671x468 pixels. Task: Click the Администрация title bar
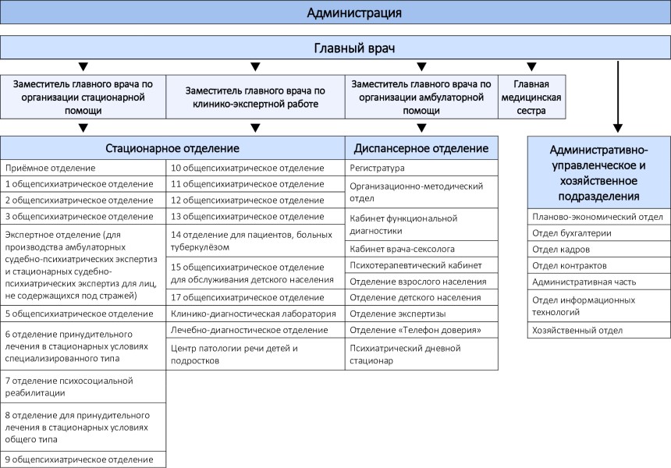335,12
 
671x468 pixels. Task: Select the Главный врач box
335,48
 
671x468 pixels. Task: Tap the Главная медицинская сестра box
531,97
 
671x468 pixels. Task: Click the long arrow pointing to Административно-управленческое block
617,97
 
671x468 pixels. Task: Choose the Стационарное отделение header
172,148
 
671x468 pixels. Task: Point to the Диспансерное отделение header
421,148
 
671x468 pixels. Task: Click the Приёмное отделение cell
83,168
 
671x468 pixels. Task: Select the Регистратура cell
421,168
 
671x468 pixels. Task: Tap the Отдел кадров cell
599,250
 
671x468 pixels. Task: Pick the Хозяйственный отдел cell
599,330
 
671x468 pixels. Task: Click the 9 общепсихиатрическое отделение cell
83,459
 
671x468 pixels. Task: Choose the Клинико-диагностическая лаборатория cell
255,314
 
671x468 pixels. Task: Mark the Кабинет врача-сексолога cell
421,249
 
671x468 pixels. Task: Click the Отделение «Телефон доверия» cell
421,330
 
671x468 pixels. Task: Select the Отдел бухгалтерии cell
599,233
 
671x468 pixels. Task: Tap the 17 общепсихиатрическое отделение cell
255,297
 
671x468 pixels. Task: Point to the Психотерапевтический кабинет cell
421,265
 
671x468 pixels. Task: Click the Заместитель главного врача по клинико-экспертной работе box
255,97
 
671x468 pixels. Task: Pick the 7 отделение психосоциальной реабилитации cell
83,387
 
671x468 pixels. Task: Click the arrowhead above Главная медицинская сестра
531,67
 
